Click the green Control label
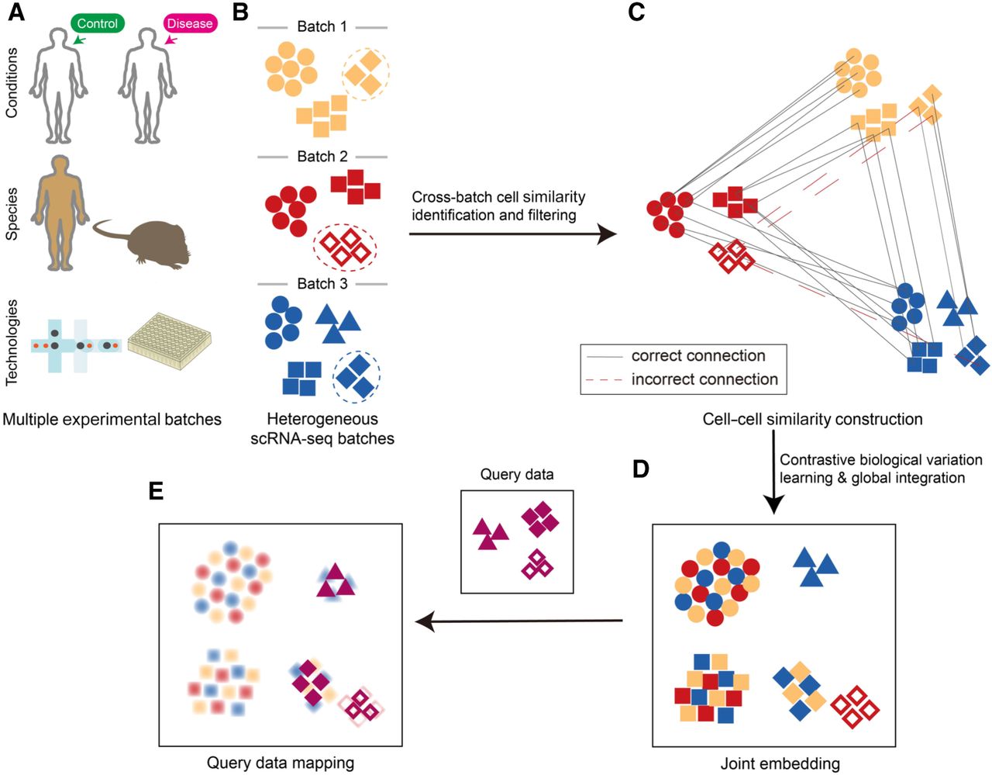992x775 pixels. pos(97,23)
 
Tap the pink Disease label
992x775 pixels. pos(189,23)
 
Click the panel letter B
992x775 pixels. pos(241,13)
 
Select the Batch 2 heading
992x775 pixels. pos(322,157)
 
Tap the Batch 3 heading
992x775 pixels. pos(322,284)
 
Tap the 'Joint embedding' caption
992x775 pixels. pos(780,763)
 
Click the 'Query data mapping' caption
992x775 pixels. pos(281,763)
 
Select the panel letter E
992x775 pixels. pos(157,491)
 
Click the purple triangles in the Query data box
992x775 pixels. pos(490,535)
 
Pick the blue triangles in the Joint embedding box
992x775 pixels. pos(815,567)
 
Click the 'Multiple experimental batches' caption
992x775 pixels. pos(112,420)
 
